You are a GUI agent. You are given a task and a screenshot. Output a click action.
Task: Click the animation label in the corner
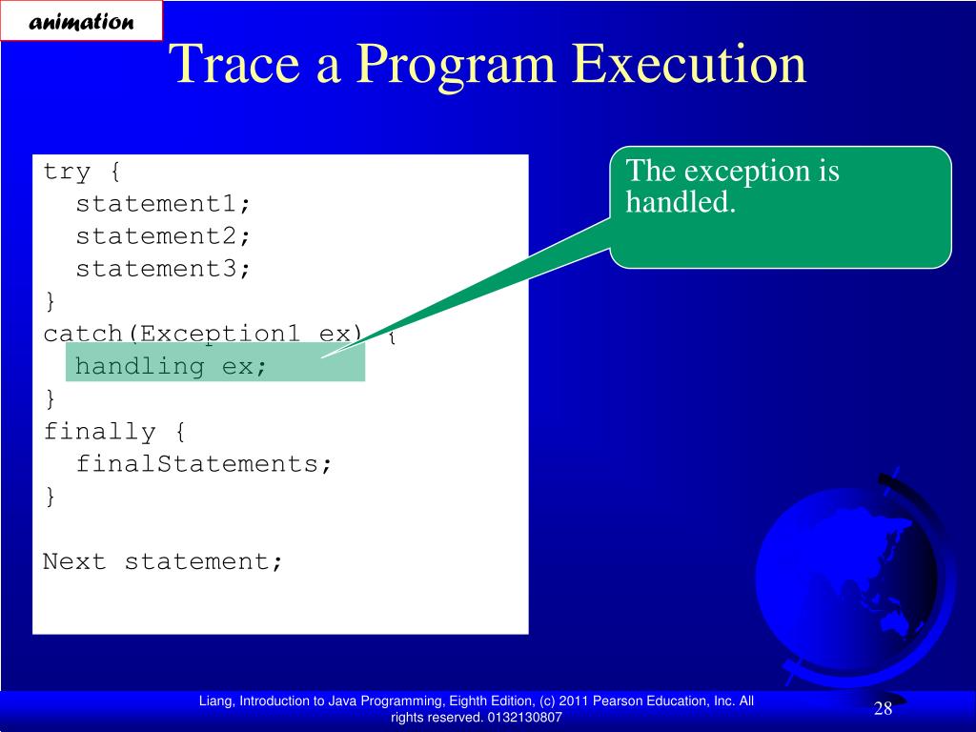point(81,21)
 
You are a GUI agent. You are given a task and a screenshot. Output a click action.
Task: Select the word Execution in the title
point(689,64)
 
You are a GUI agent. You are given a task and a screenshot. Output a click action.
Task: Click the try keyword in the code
point(68,172)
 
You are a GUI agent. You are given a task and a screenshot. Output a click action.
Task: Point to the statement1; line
point(162,204)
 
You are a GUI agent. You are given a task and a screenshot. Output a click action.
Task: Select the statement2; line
point(162,236)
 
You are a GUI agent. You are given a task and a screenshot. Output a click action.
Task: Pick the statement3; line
point(162,268)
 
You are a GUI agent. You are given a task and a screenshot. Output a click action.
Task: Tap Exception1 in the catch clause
point(219,335)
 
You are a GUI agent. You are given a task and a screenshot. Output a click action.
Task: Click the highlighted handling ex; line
point(171,366)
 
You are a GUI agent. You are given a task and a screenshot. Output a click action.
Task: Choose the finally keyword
point(99,432)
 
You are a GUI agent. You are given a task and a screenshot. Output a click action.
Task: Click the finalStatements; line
point(204,464)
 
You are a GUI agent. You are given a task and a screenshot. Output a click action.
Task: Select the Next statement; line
point(162,561)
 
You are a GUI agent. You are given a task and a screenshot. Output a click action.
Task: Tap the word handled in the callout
point(681,202)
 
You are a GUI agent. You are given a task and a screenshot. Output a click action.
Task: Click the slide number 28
point(884,708)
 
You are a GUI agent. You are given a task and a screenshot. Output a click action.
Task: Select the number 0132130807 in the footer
point(525,717)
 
